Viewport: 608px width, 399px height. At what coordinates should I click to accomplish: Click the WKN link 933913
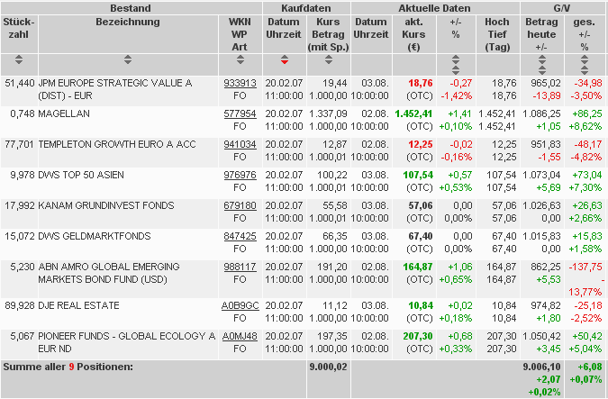pos(240,82)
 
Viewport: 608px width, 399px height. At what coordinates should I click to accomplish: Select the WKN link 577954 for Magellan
pos(240,113)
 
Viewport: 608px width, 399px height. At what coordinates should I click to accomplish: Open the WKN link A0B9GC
pos(240,305)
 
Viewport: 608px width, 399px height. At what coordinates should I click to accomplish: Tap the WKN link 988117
pos(240,267)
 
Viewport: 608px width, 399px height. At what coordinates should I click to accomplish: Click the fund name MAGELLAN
pos(64,113)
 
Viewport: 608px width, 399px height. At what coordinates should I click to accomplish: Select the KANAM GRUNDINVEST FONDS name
pos(106,205)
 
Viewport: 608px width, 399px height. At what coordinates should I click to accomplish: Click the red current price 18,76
pos(420,82)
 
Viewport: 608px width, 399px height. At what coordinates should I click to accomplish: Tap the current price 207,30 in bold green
pos(418,336)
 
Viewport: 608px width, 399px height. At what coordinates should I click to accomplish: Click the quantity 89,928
pos(20,305)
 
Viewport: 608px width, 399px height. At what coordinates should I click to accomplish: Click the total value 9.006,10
pos(542,367)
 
